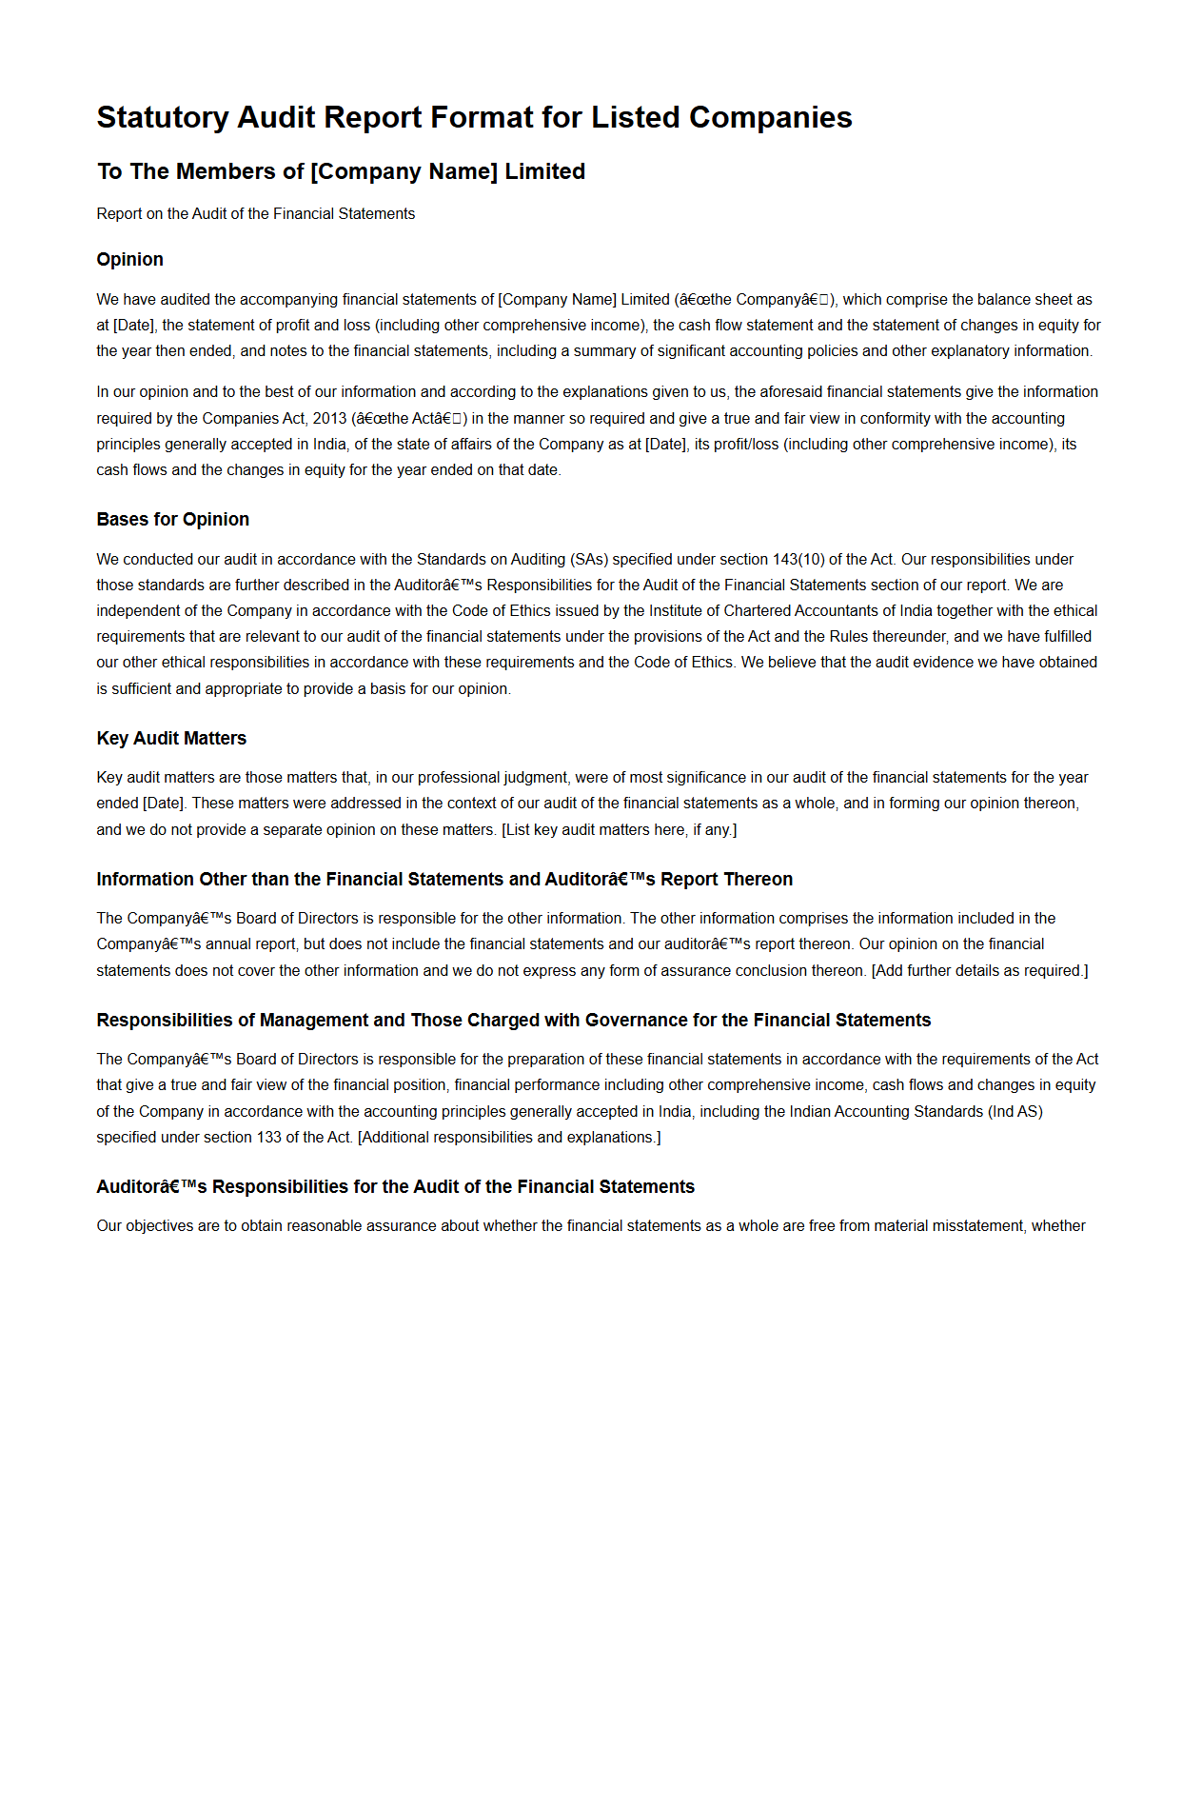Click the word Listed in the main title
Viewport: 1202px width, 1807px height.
636,117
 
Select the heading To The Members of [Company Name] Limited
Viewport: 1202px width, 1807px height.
341,171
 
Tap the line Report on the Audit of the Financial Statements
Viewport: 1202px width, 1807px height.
255,213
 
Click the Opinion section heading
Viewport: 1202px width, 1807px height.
129,259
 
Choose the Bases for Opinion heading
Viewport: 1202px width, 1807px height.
172,519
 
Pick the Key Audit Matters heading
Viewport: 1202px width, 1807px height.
171,738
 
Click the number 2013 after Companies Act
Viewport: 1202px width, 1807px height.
330,418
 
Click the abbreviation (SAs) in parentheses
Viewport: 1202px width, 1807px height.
589,559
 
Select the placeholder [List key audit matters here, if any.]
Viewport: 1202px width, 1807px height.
619,829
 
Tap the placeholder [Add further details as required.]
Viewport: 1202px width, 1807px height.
979,970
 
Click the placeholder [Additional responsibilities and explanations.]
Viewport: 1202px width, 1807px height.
509,1137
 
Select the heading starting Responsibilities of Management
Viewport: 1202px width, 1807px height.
513,1020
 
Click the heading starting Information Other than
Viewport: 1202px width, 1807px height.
443,879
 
